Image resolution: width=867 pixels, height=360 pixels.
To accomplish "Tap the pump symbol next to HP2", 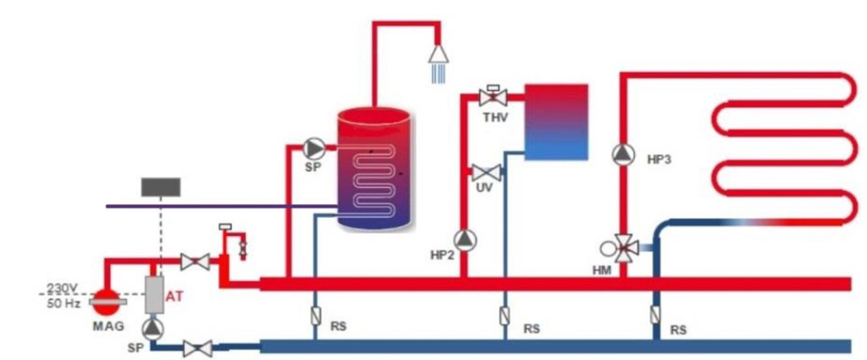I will pos(464,240).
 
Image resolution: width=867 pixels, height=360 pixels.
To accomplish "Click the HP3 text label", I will pos(659,158).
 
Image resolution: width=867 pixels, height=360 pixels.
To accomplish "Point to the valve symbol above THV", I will pos(491,95).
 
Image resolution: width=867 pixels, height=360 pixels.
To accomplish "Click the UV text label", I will pos(484,187).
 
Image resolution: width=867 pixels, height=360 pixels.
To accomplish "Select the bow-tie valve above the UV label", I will pos(484,172).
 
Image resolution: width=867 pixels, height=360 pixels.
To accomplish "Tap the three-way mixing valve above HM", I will pos(625,247).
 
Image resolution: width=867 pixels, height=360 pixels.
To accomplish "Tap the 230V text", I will pos(61,286).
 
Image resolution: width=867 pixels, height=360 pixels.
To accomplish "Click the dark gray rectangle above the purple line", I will pos(160,186).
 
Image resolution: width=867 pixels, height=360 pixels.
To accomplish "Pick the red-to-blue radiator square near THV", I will pos(556,122).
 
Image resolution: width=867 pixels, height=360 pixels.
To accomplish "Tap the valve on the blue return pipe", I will pos(197,347).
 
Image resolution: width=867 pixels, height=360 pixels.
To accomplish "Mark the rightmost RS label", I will pos(678,330).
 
